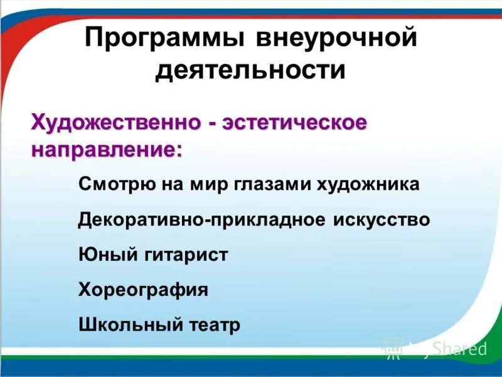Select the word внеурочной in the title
pos(336,39)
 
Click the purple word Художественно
pos(116,121)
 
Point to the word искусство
pos(378,220)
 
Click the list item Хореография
pos(143,290)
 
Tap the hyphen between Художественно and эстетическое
pos(214,123)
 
